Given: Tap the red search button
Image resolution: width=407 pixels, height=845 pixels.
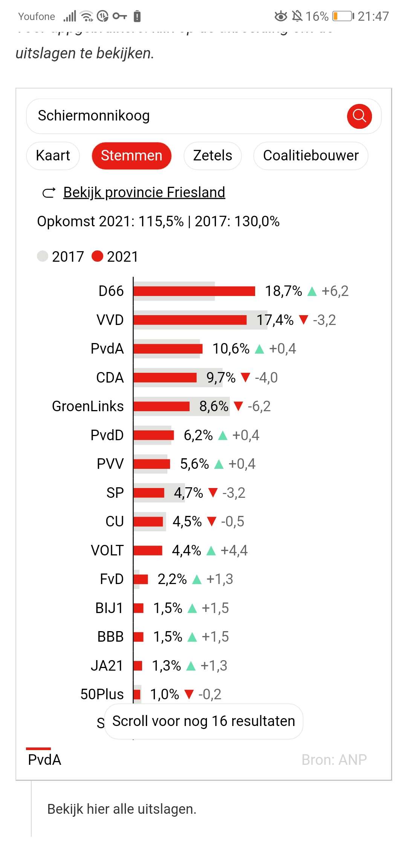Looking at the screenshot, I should coord(359,116).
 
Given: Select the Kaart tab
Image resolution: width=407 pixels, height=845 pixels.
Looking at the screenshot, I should coord(53,156).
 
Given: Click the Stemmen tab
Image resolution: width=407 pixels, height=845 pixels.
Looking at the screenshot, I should coord(132,156).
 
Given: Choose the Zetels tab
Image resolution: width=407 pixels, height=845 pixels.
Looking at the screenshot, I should coord(213,156).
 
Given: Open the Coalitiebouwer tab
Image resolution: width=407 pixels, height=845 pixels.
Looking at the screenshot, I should coord(311,156).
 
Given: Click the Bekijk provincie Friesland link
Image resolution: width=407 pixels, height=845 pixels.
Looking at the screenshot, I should coord(144,192).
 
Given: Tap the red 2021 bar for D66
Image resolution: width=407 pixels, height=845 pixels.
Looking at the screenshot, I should coord(194,291).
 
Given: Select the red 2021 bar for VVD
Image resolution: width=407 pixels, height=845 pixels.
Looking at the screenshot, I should coord(190,320).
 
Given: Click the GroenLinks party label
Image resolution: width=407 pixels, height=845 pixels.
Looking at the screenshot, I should coord(88,406).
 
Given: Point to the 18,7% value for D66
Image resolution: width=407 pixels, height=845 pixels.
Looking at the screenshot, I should coord(283,291).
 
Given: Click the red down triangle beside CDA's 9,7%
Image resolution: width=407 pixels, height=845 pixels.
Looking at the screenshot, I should coord(245,377).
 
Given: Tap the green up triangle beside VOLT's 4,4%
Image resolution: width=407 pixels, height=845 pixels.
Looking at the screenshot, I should coord(211,551).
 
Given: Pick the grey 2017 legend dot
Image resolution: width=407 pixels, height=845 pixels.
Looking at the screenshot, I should coord(43,256).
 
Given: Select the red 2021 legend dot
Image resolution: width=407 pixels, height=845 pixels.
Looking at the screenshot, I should coord(97,256).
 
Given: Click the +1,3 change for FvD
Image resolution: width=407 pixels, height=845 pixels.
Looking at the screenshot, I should coord(220,579).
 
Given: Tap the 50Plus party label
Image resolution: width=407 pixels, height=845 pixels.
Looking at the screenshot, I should coord(102,694).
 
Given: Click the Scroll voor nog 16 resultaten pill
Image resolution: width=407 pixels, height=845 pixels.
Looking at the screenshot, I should coord(203,721).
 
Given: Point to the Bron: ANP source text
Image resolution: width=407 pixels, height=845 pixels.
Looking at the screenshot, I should coord(334,760).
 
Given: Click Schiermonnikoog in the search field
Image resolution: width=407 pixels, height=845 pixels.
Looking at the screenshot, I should coord(94,116).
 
